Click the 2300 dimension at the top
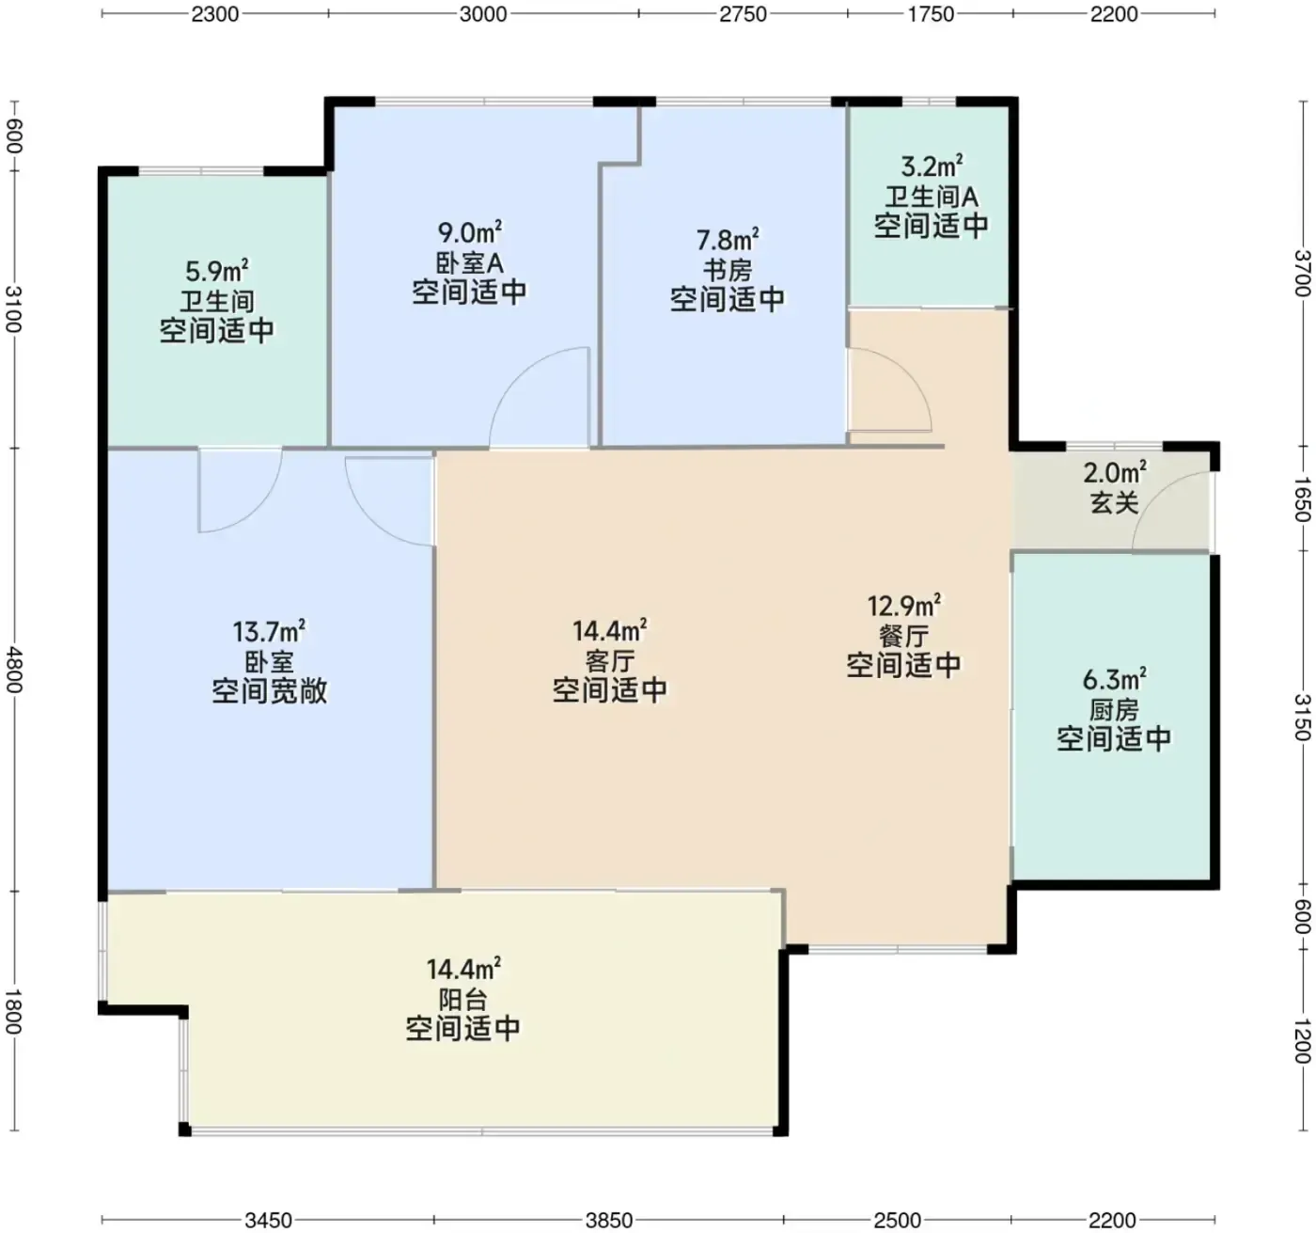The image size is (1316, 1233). pos(214,14)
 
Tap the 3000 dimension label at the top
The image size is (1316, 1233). pos(483,14)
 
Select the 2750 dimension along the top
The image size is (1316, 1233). pos(743,14)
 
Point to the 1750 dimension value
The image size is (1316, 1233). pos(931,14)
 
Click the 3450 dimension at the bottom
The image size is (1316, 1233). pos(268,1221)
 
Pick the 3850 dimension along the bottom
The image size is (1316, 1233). pos(609,1221)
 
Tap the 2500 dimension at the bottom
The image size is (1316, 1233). pos(897,1221)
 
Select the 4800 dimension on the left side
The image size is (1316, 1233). pos(14,670)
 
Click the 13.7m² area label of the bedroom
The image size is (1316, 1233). pos(269,631)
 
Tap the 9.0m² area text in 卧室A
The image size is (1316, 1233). pos(470,232)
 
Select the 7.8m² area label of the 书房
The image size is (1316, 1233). pos(728,240)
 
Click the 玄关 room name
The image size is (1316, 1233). pos(1115,504)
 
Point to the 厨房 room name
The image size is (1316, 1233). pos(1114,710)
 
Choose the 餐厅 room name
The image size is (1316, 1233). pos(904,637)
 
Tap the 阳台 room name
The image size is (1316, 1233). pos(463,1000)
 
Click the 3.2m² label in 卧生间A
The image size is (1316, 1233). pos(932,166)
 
